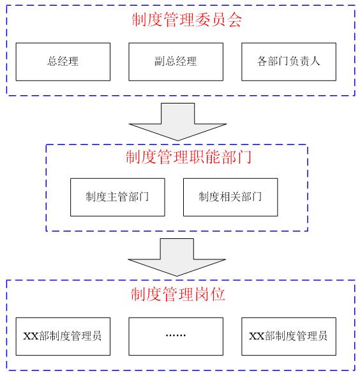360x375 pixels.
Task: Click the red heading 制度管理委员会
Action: [x=186, y=20]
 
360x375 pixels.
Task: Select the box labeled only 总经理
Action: [x=63, y=62]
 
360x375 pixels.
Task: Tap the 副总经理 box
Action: [x=176, y=62]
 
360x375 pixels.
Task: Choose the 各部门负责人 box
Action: [x=289, y=62]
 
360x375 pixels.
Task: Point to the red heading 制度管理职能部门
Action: [x=188, y=157]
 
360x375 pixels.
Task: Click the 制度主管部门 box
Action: [x=117, y=197]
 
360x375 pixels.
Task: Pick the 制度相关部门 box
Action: [x=230, y=197]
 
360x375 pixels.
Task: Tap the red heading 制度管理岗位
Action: [x=178, y=294]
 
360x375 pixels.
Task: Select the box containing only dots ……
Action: [x=176, y=337]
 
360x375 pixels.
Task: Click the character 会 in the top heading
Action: [x=234, y=20]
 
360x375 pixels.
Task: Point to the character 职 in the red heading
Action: [x=197, y=157]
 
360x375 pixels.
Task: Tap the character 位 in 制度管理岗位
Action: [x=218, y=294]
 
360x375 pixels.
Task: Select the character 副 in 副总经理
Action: [x=160, y=61]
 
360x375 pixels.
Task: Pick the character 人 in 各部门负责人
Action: [x=315, y=61]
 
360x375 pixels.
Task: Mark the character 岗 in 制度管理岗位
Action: [x=202, y=294]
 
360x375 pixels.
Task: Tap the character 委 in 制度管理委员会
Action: [x=202, y=20]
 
